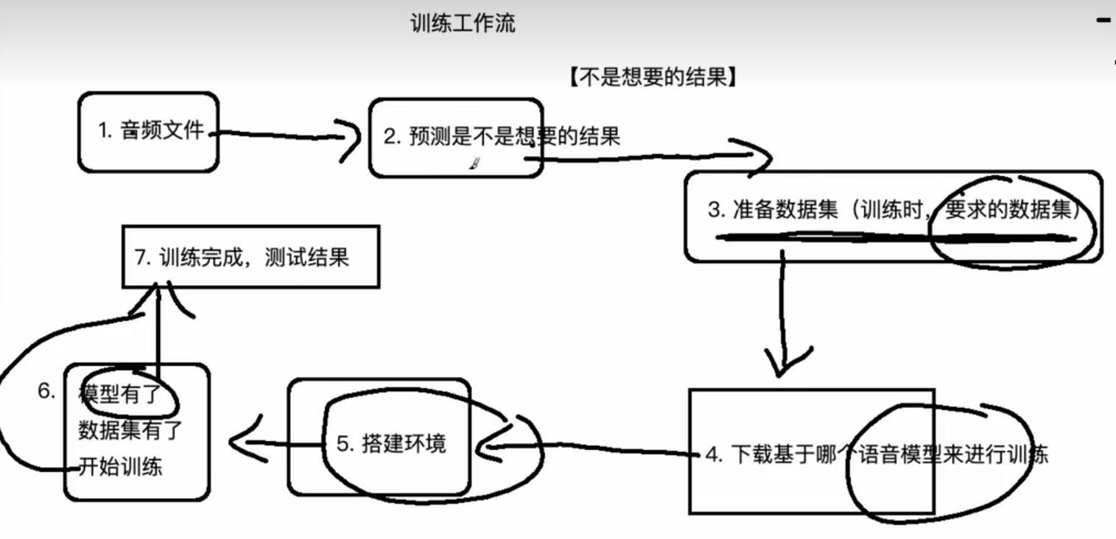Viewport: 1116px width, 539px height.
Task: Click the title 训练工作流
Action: (463, 24)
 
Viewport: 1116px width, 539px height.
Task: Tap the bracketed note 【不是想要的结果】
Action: (653, 77)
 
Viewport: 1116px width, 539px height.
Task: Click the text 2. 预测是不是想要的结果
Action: (502, 136)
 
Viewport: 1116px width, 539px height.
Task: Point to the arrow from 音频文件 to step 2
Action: (280, 135)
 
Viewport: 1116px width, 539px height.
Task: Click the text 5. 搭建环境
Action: (391, 444)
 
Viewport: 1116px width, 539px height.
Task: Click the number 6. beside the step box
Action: (46, 391)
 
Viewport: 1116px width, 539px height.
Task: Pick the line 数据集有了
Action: (130, 430)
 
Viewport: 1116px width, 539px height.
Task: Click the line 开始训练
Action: (120, 466)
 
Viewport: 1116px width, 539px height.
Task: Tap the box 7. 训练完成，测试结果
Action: (250, 257)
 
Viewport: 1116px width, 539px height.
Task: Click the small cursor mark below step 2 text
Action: (475, 165)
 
